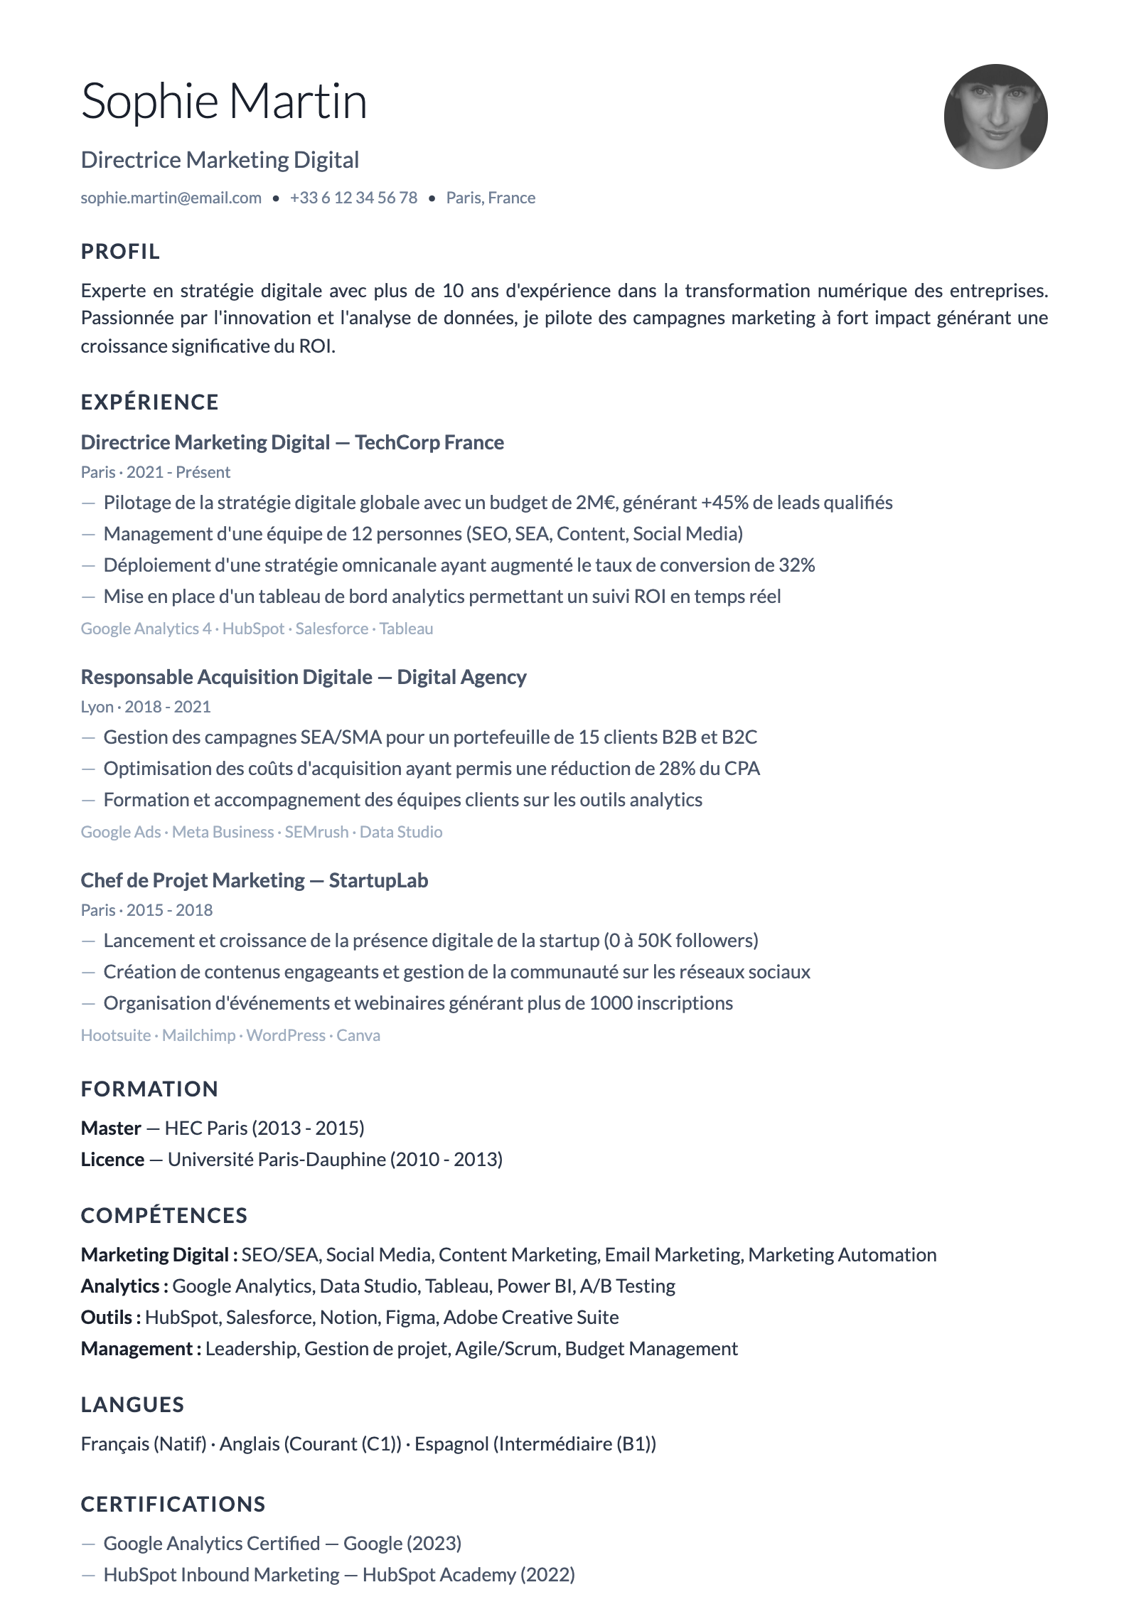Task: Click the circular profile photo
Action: tap(995, 117)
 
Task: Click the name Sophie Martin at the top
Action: tap(223, 101)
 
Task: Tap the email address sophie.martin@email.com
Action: tap(171, 198)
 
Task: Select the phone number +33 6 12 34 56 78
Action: tap(353, 198)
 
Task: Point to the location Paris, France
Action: tap(491, 198)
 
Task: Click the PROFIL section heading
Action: tap(120, 252)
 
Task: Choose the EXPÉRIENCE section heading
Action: tap(149, 402)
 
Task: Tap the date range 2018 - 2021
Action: tap(168, 707)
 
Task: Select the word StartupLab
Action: tap(378, 880)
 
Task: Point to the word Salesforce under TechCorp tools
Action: tap(331, 629)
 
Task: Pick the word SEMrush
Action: tap(316, 832)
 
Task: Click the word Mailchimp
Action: tap(198, 1035)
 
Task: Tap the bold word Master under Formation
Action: tap(111, 1128)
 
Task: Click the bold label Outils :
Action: tap(110, 1318)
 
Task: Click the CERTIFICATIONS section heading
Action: tap(173, 1505)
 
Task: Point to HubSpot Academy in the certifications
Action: tap(439, 1575)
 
